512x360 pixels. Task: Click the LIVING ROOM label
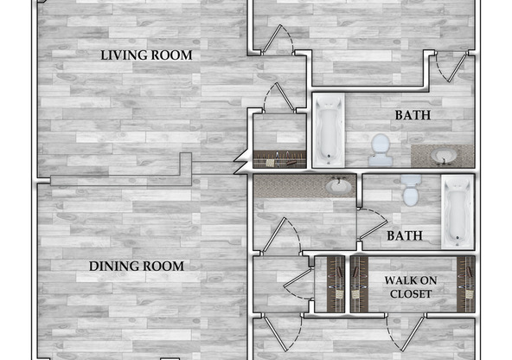pyautogui.click(x=146, y=55)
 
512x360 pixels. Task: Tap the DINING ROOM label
pyautogui.click(x=137, y=267)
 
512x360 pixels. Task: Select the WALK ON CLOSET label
pyautogui.click(x=411, y=287)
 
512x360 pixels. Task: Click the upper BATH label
pyautogui.click(x=413, y=115)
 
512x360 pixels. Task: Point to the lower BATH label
pyautogui.click(x=405, y=235)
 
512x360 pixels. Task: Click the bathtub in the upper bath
pyautogui.click(x=330, y=131)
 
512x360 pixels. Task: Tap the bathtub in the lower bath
pyautogui.click(x=458, y=212)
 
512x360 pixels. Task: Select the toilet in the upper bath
pyautogui.click(x=381, y=150)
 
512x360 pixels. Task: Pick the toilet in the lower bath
pyautogui.click(x=411, y=190)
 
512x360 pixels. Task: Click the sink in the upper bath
pyautogui.click(x=442, y=156)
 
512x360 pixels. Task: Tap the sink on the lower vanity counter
pyautogui.click(x=339, y=185)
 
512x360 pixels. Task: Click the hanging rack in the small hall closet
pyautogui.click(x=280, y=159)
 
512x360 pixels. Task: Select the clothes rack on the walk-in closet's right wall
pyautogui.click(x=465, y=284)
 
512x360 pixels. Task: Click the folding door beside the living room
pyautogui.click(x=240, y=162)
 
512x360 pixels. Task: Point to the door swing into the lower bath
pyautogui.click(x=372, y=224)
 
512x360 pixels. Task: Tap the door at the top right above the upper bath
pyautogui.click(x=451, y=67)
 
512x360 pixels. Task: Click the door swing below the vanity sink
pyautogui.click(x=281, y=236)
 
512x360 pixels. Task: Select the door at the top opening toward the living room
pyautogui.click(x=278, y=40)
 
